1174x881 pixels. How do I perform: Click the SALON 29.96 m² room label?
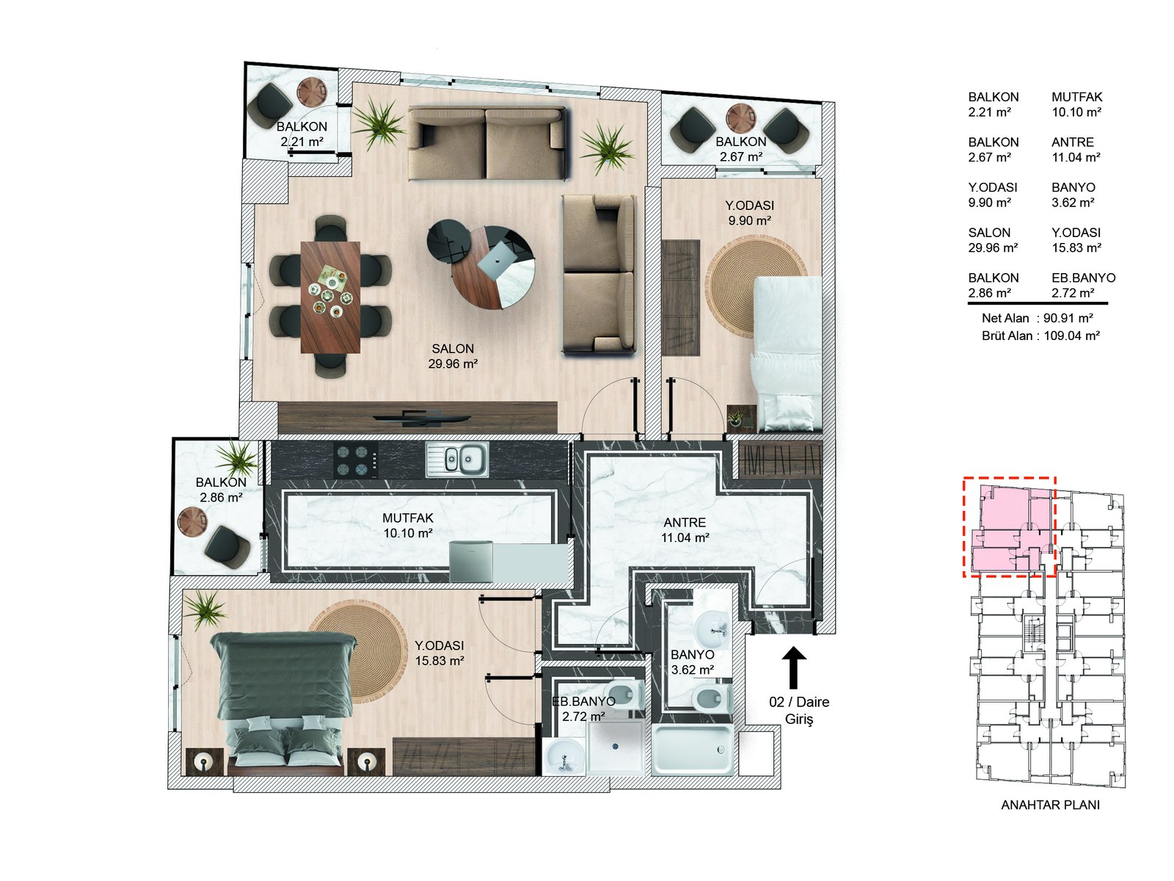pyautogui.click(x=453, y=356)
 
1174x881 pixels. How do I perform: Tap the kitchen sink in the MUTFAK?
pyautogui.click(x=456, y=460)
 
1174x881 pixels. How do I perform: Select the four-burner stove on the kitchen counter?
pyautogui.click(x=354, y=460)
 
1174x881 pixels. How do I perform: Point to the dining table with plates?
pyautogui.click(x=330, y=297)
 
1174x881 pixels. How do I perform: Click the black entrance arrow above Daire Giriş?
pyautogui.click(x=793, y=667)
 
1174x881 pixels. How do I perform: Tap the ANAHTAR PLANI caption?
pyautogui.click(x=1050, y=805)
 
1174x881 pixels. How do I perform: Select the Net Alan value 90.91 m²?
pyautogui.click(x=1068, y=318)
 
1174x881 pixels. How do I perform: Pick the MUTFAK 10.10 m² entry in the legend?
pyautogui.click(x=1076, y=104)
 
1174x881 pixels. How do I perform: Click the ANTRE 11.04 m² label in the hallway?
pyautogui.click(x=685, y=530)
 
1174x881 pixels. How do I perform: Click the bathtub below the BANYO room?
pyautogui.click(x=692, y=750)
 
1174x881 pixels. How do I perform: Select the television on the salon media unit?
pyautogui.click(x=421, y=418)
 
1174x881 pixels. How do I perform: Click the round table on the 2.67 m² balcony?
pyautogui.click(x=740, y=117)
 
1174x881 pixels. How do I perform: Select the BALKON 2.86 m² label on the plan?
pyautogui.click(x=220, y=490)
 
